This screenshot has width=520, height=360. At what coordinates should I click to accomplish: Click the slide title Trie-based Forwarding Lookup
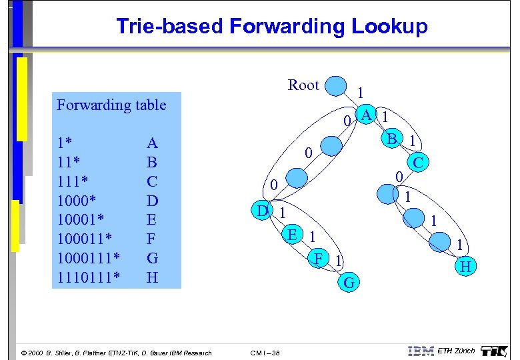[x=271, y=26]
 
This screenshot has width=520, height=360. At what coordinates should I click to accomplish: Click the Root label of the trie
[x=303, y=85]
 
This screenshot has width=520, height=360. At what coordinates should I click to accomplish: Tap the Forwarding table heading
[x=111, y=105]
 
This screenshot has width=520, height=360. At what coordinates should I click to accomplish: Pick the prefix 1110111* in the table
[x=89, y=277]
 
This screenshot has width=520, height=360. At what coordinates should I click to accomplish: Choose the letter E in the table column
[x=152, y=219]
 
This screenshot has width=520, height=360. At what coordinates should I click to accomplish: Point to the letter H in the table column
[x=152, y=277]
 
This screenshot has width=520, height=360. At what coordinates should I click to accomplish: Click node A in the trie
[x=366, y=115]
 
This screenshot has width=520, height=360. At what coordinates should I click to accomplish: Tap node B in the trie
[x=393, y=139]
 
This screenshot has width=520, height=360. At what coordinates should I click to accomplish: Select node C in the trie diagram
[x=419, y=162]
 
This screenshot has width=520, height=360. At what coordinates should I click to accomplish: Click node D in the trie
[x=263, y=211]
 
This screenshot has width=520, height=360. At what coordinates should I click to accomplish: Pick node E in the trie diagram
[x=291, y=234]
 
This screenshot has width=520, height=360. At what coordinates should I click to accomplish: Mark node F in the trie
[x=319, y=257]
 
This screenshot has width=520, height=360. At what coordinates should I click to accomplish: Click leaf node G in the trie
[x=348, y=282]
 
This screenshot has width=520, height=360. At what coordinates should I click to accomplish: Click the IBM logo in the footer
[x=420, y=351]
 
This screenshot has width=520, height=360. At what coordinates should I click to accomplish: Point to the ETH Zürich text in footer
[x=457, y=351]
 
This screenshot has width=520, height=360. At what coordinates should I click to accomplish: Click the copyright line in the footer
[x=117, y=353]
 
